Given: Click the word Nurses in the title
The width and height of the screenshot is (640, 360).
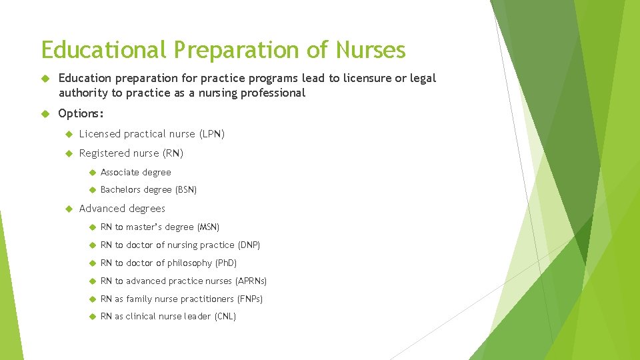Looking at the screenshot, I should click(371, 50).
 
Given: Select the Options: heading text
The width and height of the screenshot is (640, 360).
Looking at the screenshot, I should click(81, 113).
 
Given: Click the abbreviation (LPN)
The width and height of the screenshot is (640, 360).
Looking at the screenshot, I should click(211, 134).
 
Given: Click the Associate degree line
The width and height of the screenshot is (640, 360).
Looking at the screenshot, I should click(135, 172).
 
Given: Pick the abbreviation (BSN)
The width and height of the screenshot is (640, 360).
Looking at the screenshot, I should click(185, 190).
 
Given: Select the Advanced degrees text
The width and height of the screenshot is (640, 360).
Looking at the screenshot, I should click(122, 209).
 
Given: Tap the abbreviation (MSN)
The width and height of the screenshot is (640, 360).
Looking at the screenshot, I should click(208, 227).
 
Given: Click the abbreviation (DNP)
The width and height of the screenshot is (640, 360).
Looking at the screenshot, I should click(249, 245).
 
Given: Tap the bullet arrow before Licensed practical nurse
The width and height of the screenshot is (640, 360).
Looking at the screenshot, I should click(68, 134).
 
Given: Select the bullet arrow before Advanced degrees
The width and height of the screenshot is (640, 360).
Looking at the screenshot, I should click(68, 209).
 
